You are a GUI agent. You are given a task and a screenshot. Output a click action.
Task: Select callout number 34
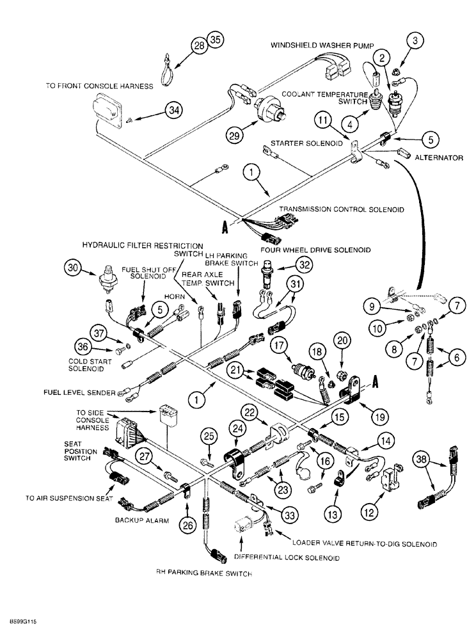coord(174,110)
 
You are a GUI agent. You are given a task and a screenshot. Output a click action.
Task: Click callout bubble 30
coord(75,269)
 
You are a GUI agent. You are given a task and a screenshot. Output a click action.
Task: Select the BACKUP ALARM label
coord(142,521)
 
